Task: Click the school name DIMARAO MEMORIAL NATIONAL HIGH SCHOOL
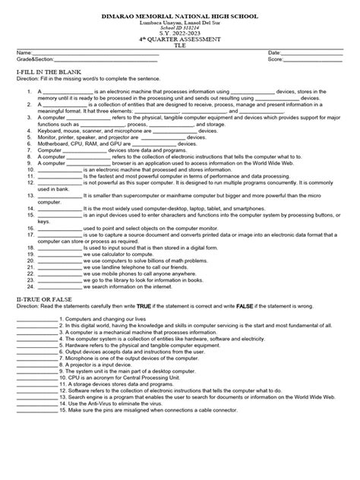[x=180, y=15]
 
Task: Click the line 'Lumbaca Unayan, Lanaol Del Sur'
[x=180, y=22]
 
